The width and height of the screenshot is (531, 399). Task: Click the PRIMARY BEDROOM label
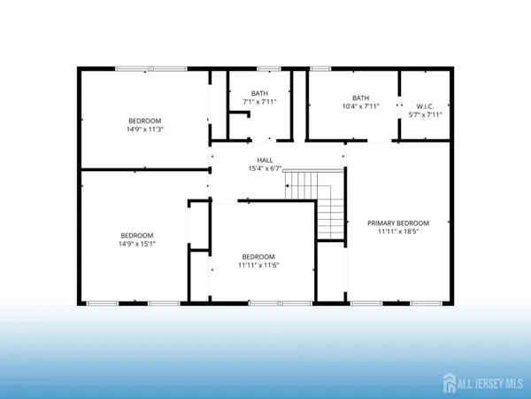(398, 223)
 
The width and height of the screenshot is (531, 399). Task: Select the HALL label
(265, 160)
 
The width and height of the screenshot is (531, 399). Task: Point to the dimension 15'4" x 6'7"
(265, 168)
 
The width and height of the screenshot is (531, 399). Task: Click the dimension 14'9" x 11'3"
(146, 129)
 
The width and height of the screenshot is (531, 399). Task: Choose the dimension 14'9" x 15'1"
(137, 244)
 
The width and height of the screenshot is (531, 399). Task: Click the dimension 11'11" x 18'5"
(398, 233)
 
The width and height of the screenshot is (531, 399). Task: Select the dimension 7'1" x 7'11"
(259, 102)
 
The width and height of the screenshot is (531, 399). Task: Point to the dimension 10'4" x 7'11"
(360, 106)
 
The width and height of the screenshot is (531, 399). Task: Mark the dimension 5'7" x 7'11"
(425, 113)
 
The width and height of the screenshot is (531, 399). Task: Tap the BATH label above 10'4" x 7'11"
(360, 98)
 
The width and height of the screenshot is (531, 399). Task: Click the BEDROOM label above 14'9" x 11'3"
(146, 121)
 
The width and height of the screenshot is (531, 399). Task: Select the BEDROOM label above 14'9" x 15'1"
(137, 235)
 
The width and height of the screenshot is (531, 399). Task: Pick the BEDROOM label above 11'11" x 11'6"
(259, 256)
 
